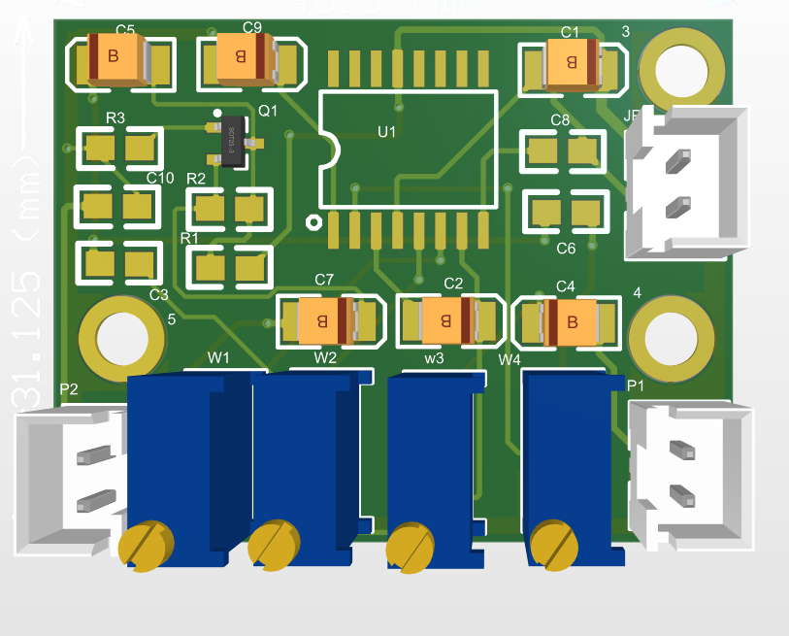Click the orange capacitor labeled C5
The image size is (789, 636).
pos(116,58)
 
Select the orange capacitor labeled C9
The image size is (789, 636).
pos(244,57)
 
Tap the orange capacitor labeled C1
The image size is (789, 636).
pos(574,64)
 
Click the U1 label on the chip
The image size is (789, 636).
pos(386,131)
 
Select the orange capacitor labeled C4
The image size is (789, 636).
pos(572,321)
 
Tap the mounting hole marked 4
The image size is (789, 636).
pos(665,336)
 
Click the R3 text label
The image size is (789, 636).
pos(115,117)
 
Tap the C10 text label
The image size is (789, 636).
pos(159,178)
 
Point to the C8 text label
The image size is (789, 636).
pos(560,119)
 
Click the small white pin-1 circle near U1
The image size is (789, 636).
pos(312,221)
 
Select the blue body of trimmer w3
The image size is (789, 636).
pos(432,456)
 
